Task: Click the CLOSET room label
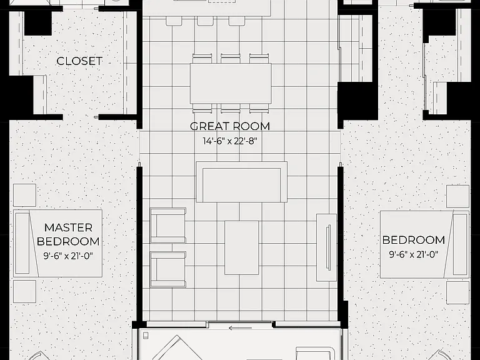point(79,61)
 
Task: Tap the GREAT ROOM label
point(230,126)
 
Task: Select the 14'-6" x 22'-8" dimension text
point(230,141)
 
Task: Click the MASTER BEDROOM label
point(68,234)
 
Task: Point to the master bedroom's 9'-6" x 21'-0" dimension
point(67,256)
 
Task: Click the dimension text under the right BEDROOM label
point(414,254)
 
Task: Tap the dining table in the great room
point(231,84)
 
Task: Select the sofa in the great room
point(241,182)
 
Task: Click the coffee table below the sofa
point(242,247)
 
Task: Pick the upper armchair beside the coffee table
point(168,226)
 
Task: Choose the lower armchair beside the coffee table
point(168,269)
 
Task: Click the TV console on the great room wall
point(326,247)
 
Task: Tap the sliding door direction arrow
point(240,329)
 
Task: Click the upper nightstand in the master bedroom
point(25,195)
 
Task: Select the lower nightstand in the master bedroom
point(25,291)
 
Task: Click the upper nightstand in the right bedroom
point(457,196)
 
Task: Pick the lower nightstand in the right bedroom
point(457,292)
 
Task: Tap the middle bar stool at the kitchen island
point(205,21)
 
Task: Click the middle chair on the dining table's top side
point(231,59)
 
